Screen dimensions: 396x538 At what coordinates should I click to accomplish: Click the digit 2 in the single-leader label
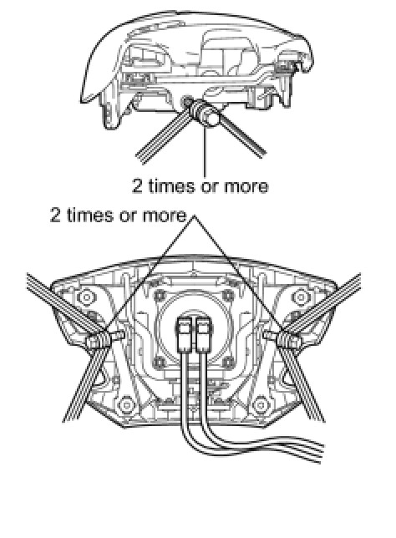pyautogui.click(x=136, y=186)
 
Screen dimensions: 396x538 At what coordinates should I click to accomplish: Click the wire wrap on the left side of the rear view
pyautogui.click(x=99, y=341)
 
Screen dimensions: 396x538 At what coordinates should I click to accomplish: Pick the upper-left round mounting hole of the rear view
pyautogui.click(x=86, y=297)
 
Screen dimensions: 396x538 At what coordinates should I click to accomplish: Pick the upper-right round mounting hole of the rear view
pyautogui.click(x=301, y=297)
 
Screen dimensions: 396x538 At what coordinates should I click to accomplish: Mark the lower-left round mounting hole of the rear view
pyautogui.click(x=126, y=405)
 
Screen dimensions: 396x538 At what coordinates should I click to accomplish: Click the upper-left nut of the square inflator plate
pyautogui.click(x=159, y=295)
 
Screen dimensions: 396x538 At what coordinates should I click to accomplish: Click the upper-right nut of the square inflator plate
pyautogui.click(x=228, y=295)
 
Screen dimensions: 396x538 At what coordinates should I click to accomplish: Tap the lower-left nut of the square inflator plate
pyautogui.click(x=159, y=362)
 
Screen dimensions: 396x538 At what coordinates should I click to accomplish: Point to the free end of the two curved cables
pyautogui.click(x=322, y=450)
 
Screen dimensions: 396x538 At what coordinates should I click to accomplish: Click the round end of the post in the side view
pyautogui.click(x=211, y=121)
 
